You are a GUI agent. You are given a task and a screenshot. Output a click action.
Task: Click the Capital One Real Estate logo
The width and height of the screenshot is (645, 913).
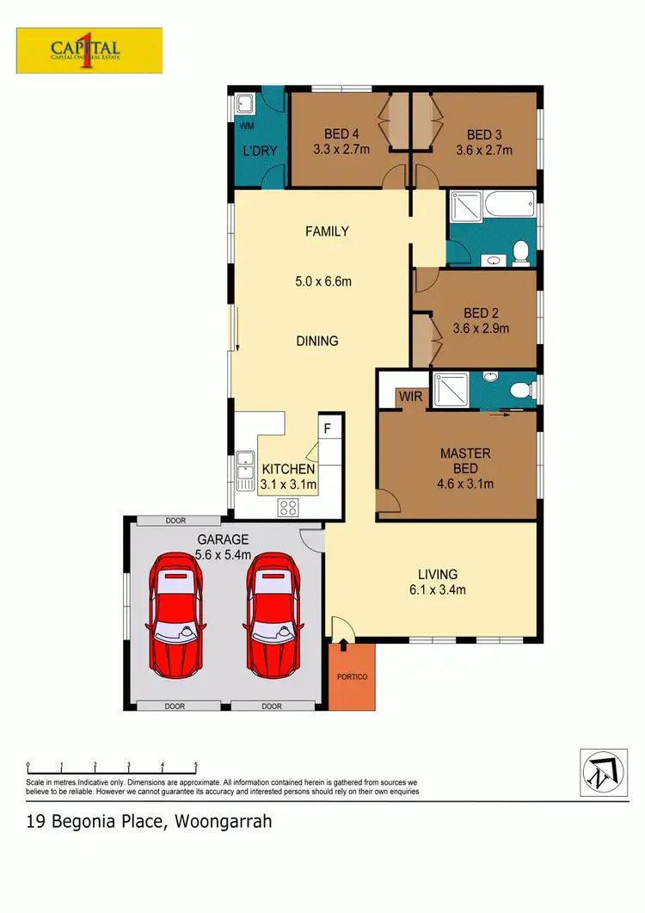coord(89,50)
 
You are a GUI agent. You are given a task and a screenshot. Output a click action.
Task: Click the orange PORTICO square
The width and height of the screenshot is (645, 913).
coord(352,676)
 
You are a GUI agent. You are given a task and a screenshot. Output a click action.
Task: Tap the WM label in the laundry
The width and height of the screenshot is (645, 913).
coord(247,126)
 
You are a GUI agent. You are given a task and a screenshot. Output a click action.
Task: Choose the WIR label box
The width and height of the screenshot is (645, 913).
coord(406,398)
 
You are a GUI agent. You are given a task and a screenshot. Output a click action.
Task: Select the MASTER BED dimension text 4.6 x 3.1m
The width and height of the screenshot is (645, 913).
coord(465,484)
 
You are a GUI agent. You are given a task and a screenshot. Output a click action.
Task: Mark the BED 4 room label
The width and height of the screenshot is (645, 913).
coord(341,134)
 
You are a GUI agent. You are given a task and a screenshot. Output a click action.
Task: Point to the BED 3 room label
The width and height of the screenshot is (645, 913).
coord(484,134)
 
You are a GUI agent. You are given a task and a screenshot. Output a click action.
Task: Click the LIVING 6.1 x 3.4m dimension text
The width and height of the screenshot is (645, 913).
coord(437,589)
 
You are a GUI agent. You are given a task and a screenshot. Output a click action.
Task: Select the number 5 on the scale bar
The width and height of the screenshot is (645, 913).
coord(196,764)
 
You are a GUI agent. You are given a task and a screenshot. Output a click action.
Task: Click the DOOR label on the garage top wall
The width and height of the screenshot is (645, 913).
coord(175,521)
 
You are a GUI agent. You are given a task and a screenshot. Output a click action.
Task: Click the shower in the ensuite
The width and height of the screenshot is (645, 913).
coord(449,389)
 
